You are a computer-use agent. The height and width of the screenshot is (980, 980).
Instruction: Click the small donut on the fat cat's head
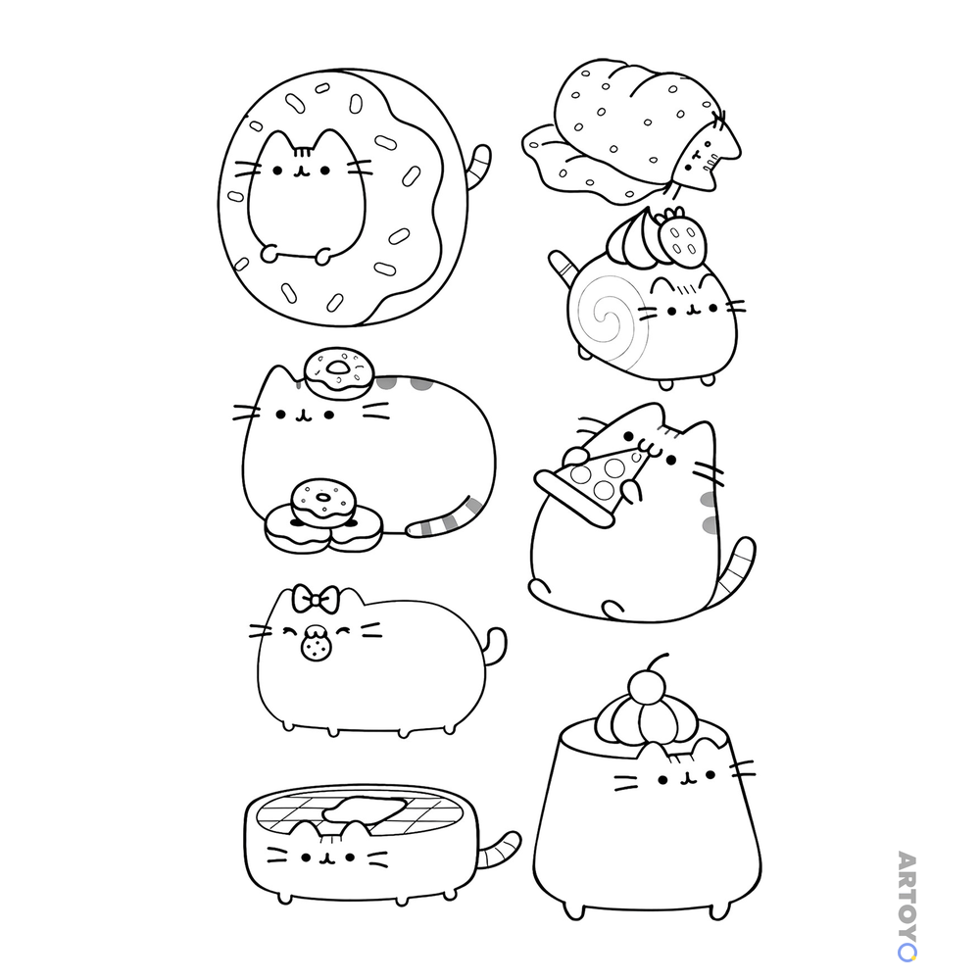tap(338, 372)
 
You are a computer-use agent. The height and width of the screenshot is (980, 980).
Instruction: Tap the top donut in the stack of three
tap(323, 500)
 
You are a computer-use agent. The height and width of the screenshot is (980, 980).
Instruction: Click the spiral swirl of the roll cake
tap(609, 318)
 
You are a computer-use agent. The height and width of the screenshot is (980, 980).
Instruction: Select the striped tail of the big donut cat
tap(478, 167)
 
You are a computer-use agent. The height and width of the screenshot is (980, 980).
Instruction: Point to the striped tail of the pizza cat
tap(736, 568)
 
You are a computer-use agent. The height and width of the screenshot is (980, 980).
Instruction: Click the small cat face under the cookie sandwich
tap(708, 151)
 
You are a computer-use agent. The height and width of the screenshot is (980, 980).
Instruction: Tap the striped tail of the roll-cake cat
tap(563, 269)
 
